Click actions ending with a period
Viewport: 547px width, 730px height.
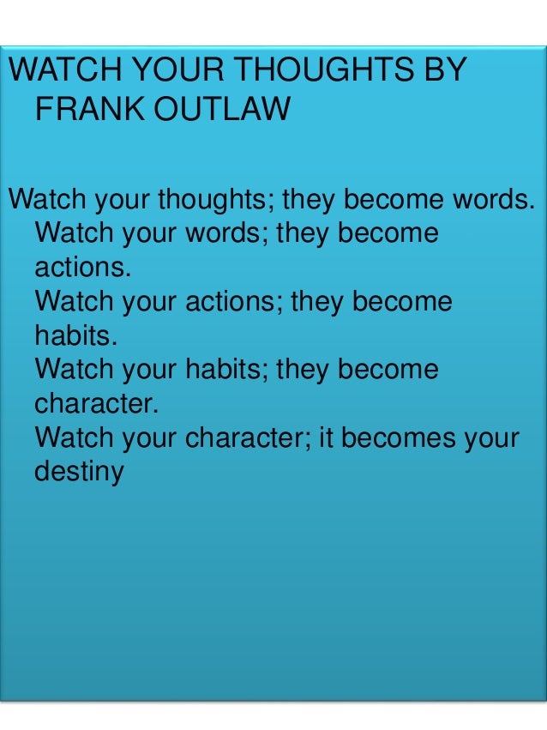pos(84,267)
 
